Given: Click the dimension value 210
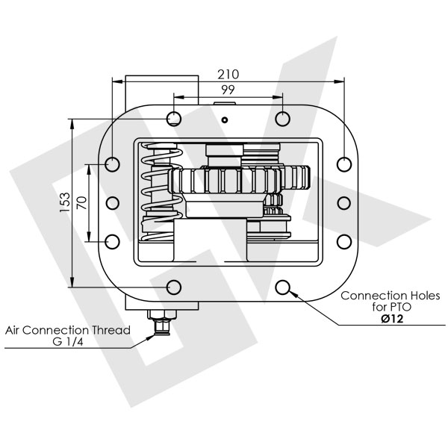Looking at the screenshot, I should pyautogui.click(x=228, y=74).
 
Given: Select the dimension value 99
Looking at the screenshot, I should pyautogui.click(x=228, y=90).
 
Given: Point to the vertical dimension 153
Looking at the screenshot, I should pyautogui.click(x=65, y=202).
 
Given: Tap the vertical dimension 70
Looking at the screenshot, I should pyautogui.click(x=81, y=202).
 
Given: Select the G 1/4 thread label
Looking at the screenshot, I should pyautogui.click(x=69, y=343).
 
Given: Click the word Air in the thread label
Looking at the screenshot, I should pyautogui.click(x=15, y=330).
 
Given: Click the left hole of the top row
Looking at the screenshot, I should pyautogui.click(x=174, y=118).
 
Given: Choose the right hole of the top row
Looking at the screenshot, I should pyautogui.click(x=282, y=118).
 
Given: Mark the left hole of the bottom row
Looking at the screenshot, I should pyautogui.click(x=174, y=287).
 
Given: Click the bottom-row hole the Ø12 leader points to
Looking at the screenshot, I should pyautogui.click(x=282, y=287).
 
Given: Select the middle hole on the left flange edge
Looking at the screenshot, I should pyautogui.click(x=113, y=202).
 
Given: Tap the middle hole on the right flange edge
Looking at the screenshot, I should pyautogui.click(x=343, y=202).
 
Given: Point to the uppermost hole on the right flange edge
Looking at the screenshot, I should pyautogui.click(x=343, y=164).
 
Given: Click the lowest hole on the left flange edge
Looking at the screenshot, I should pyautogui.click(x=113, y=241).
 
